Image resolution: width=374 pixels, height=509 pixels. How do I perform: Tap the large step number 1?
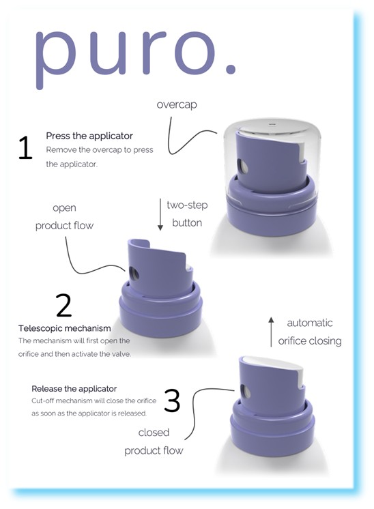point(25,148)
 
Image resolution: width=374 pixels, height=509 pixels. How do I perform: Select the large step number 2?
point(63,306)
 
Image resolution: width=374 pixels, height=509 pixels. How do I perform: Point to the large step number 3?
point(172,401)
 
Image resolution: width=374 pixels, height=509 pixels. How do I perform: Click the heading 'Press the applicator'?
point(89,136)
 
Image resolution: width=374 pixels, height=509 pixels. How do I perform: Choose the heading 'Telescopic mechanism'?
point(64,329)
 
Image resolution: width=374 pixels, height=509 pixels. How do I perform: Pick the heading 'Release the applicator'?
point(74,389)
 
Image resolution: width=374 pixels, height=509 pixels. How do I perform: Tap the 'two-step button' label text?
point(187,214)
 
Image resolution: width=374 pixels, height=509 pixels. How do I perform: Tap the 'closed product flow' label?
point(154,441)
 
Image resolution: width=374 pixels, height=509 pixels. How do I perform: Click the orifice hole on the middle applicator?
point(134,274)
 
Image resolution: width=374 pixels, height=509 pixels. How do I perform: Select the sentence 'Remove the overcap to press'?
point(100,149)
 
